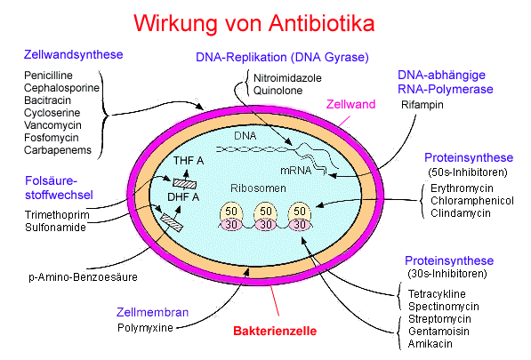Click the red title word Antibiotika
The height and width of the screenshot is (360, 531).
coord(321,24)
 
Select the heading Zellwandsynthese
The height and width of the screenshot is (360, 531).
coord(73,55)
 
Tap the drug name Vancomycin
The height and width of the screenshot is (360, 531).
coord(52,125)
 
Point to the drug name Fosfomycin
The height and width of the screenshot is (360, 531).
coord(51,138)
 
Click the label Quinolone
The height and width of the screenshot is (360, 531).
coord(278,91)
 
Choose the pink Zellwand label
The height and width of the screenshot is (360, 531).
coord(350,104)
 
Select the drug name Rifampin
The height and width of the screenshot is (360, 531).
coord(422,105)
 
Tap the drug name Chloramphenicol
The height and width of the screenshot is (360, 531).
coord(472,201)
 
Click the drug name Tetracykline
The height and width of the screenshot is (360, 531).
coord(437,293)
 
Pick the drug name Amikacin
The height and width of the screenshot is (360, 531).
coord(430,344)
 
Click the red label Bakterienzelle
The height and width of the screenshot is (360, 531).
coord(275,331)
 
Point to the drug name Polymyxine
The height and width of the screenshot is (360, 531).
coord(145,328)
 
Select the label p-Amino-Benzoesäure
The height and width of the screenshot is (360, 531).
coord(83,277)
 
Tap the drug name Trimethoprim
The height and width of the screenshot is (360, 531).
coord(57,215)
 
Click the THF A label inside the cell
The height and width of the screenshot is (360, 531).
coord(189,161)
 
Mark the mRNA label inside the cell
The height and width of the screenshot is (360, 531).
coord(295,171)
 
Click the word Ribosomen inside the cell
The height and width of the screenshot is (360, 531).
coord(258,188)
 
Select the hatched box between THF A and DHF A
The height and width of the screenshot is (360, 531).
coord(185,184)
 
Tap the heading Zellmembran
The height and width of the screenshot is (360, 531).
coord(152,312)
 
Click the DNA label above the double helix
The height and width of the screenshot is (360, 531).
coord(245,136)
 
